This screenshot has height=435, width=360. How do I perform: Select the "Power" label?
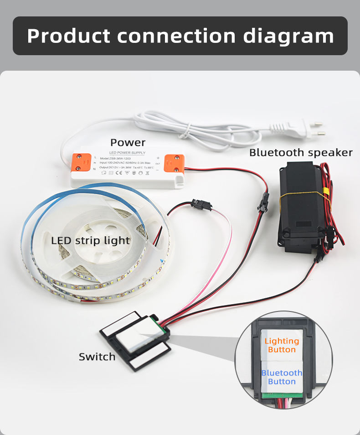click(x=128, y=142)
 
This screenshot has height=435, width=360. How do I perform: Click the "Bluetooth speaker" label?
click(x=301, y=152)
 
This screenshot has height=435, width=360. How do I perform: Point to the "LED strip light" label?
click(x=91, y=240)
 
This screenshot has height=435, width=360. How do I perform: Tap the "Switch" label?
click(x=97, y=357)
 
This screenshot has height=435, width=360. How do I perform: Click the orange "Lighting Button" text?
click(x=282, y=345)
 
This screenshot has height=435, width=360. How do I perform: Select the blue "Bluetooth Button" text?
click(x=282, y=377)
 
